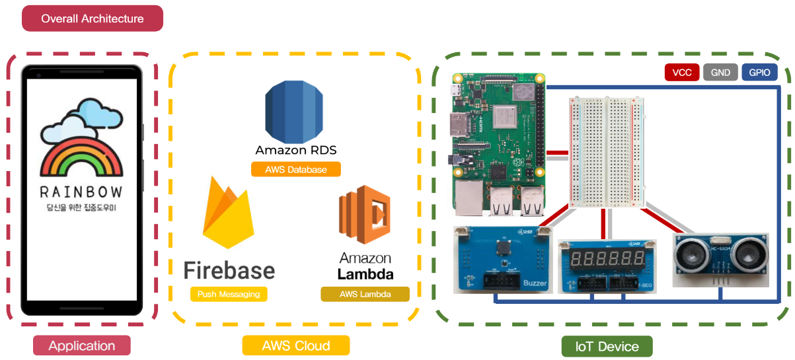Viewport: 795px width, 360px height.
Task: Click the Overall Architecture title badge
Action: [x=93, y=18]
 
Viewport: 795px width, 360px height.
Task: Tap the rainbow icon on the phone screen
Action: [x=82, y=137]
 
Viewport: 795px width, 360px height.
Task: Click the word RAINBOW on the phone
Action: [x=81, y=192]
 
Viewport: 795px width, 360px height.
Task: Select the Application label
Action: [x=82, y=345]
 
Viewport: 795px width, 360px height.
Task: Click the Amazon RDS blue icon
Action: [x=294, y=112]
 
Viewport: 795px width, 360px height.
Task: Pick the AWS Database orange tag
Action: [x=296, y=169]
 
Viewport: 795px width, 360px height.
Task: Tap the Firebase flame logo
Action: [x=228, y=213]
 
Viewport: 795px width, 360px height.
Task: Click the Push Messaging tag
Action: [x=229, y=294]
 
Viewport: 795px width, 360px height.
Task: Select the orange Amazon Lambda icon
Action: [x=365, y=215]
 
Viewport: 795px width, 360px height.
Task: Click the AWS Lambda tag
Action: [x=365, y=294]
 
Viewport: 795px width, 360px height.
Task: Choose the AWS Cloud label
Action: [x=296, y=345]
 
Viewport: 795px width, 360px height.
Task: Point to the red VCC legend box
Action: [x=682, y=73]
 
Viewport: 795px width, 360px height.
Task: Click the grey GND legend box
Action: [x=720, y=73]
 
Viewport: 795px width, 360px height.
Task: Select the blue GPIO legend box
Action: [x=759, y=73]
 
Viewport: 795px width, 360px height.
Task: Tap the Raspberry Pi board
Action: [x=499, y=145]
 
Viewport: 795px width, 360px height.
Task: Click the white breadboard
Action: [x=607, y=152]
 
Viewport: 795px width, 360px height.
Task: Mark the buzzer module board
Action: [x=503, y=260]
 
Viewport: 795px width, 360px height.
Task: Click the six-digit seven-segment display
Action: [x=607, y=258]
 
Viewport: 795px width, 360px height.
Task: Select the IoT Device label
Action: [x=607, y=346]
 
